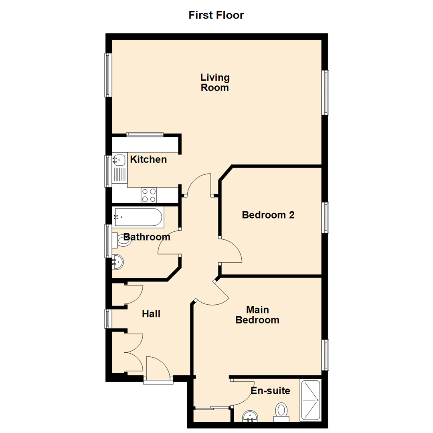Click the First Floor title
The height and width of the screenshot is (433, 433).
(x=216, y=15)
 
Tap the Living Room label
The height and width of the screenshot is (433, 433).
(x=215, y=82)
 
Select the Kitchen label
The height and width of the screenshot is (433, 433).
(x=148, y=160)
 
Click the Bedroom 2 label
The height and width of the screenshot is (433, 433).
(x=268, y=215)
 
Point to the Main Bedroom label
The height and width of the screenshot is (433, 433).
(x=257, y=315)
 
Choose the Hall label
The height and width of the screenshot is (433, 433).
(x=151, y=314)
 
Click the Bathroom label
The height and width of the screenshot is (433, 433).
(x=147, y=237)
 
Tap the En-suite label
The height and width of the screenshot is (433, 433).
(x=270, y=391)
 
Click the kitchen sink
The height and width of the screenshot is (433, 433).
(x=119, y=160)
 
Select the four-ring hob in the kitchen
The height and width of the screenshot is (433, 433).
(x=149, y=195)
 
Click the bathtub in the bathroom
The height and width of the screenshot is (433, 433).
(x=138, y=217)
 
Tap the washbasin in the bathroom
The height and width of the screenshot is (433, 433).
(x=118, y=262)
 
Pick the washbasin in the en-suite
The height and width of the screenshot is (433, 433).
(x=251, y=417)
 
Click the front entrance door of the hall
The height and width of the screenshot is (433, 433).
(x=158, y=369)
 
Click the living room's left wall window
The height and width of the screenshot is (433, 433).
(x=108, y=75)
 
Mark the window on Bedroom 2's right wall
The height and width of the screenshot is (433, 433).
(x=326, y=218)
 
